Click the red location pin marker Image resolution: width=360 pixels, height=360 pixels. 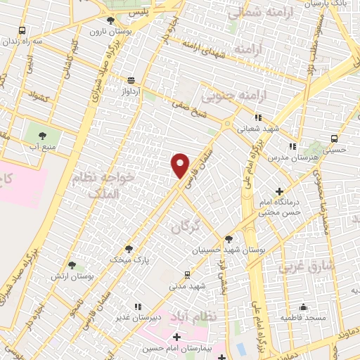(181, 166)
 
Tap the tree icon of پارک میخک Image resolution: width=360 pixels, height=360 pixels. (129, 248)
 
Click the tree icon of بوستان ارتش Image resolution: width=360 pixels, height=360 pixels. (72, 265)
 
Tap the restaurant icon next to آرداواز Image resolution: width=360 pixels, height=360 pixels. (131, 80)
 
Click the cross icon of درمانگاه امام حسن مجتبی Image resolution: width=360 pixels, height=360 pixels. (280, 191)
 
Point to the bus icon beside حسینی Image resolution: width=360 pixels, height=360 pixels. (335, 139)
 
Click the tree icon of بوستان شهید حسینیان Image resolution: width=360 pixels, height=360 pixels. (229, 239)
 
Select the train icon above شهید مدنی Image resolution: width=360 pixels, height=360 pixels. (186, 275)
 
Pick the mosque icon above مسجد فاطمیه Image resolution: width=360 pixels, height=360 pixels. (304, 307)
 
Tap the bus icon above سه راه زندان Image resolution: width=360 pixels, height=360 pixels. (22, 31)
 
